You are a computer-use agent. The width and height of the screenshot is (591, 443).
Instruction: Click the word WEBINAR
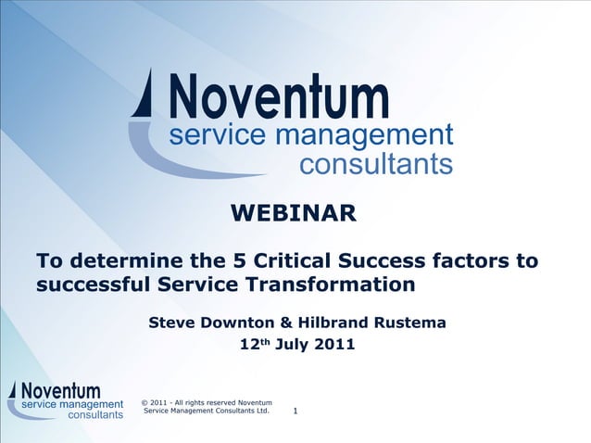[x=293, y=214]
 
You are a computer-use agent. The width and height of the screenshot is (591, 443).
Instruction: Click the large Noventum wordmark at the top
[x=279, y=96]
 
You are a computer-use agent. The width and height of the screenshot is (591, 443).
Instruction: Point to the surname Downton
[x=241, y=323]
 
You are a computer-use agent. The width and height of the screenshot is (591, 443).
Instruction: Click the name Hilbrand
[x=336, y=323]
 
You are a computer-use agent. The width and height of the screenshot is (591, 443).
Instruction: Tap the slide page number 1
[x=295, y=411]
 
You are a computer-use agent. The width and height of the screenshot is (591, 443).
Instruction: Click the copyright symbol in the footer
[x=145, y=402]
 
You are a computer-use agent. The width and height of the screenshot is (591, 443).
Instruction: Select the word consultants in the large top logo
[x=375, y=164]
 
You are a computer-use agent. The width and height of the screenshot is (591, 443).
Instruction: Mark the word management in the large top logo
[x=371, y=135]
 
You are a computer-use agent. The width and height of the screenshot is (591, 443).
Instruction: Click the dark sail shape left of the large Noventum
[x=144, y=95]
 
